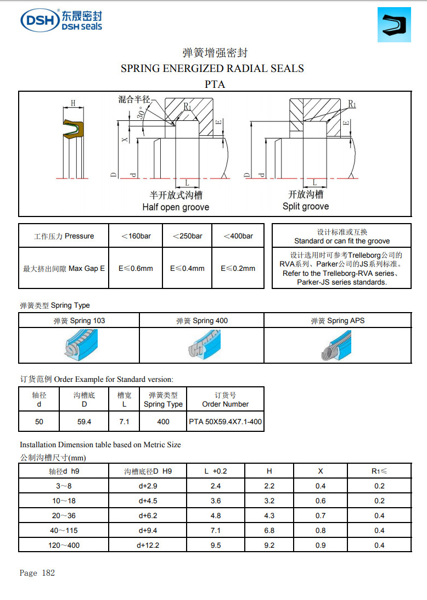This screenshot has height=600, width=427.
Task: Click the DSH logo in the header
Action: click(61, 20)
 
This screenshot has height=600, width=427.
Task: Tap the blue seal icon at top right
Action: click(394, 25)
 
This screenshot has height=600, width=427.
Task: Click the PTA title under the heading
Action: click(215, 85)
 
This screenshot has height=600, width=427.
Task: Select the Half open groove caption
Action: click(176, 207)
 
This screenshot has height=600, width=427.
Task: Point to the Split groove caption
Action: click(306, 207)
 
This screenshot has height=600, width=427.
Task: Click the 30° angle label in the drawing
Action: click(143, 114)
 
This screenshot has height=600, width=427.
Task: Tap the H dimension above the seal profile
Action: click(73, 103)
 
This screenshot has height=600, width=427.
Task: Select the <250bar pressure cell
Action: click(187, 236)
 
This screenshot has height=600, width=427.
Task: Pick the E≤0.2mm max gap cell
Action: click(238, 269)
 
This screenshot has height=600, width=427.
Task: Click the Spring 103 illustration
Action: click(78, 345)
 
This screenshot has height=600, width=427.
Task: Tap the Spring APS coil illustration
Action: click(337, 346)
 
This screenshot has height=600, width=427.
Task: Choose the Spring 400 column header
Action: click(201, 321)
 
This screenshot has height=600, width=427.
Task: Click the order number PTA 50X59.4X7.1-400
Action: click(225, 422)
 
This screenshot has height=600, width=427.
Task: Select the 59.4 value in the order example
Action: click(84, 422)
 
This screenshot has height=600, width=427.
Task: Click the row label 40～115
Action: click(64, 530)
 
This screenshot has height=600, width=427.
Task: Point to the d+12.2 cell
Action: click(148, 545)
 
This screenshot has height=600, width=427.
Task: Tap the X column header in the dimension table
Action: click(321, 471)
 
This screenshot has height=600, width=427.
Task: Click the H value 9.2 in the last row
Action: click(269, 545)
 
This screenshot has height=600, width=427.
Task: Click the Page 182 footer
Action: click(37, 573)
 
